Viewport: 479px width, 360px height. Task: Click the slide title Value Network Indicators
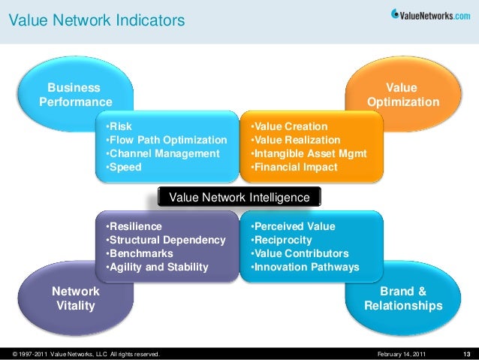tap(96, 21)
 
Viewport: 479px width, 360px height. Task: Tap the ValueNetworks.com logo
tap(431, 13)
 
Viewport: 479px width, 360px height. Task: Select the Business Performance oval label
tap(75, 95)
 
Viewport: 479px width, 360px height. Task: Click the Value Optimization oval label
tap(403, 95)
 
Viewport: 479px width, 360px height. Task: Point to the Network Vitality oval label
tap(75, 298)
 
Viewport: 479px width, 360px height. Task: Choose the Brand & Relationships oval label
tap(403, 298)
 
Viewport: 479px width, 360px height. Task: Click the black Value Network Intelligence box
tap(239, 197)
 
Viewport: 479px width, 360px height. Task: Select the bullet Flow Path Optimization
tap(167, 141)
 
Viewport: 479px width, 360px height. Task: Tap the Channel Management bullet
tap(164, 154)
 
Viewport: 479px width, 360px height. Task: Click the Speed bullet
tap(125, 168)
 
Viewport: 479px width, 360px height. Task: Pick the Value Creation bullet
tap(289, 127)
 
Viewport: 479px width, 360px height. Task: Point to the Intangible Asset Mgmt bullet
tap(309, 154)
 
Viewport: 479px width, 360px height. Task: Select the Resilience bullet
tap(134, 226)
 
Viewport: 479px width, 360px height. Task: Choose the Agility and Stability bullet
tap(158, 267)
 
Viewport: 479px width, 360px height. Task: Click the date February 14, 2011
tap(401, 353)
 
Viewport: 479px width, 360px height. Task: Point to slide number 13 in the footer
tap(466, 353)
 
